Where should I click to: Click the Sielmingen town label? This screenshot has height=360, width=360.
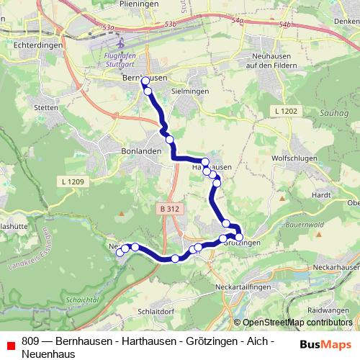click(x=190, y=92)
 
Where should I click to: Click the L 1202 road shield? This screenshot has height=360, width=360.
click(x=286, y=110)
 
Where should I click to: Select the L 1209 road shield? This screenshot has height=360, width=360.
click(x=73, y=182)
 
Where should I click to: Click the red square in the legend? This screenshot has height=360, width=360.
click(x=9, y=344)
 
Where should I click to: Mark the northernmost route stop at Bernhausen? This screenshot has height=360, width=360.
click(x=145, y=81)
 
